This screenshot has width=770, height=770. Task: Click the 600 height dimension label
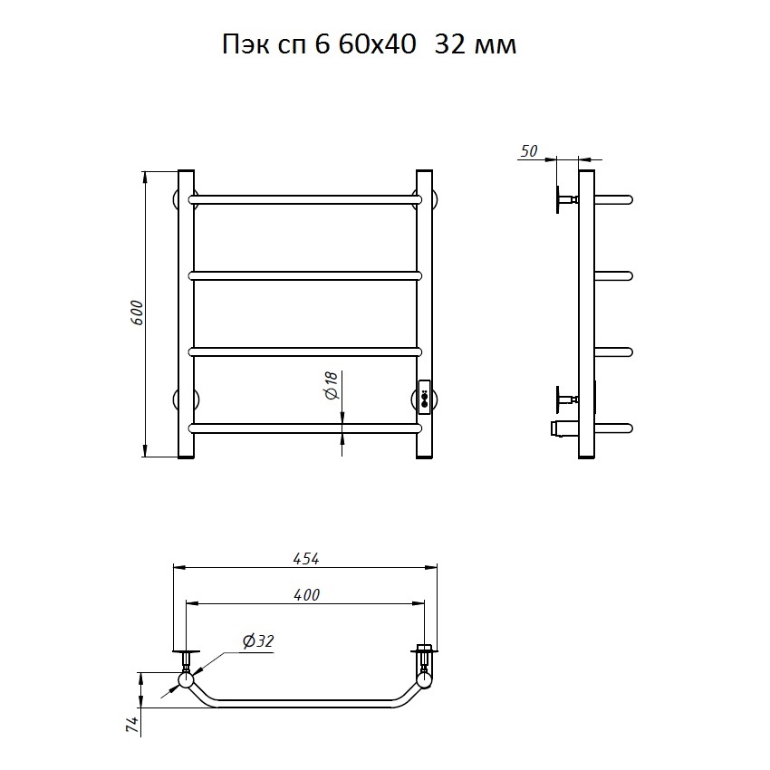pyautogui.click(x=138, y=313)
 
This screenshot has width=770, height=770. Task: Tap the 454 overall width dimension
pyautogui.click(x=306, y=559)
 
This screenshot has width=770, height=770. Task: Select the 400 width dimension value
pyautogui.click(x=306, y=595)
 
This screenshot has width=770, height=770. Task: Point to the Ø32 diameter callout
pyautogui.click(x=258, y=641)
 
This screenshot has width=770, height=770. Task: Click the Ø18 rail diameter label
pyautogui.click(x=332, y=385)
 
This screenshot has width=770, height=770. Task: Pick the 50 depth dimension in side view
pyautogui.click(x=529, y=151)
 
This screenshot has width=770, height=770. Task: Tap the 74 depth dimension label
pyautogui.click(x=132, y=725)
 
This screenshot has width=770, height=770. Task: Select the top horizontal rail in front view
pyautogui.click(x=305, y=200)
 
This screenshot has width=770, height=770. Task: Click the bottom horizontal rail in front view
pyautogui.click(x=305, y=428)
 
